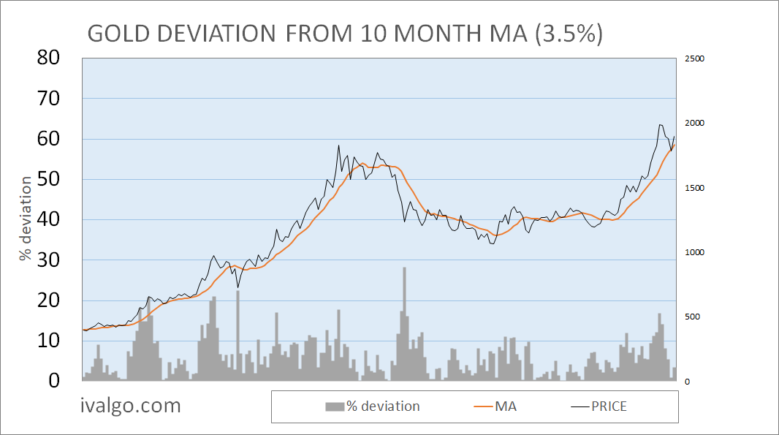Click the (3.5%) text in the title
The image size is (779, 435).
569,34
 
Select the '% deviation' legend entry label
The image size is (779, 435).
383,406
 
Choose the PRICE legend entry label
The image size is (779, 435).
609,406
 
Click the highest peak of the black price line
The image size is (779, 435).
660,125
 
